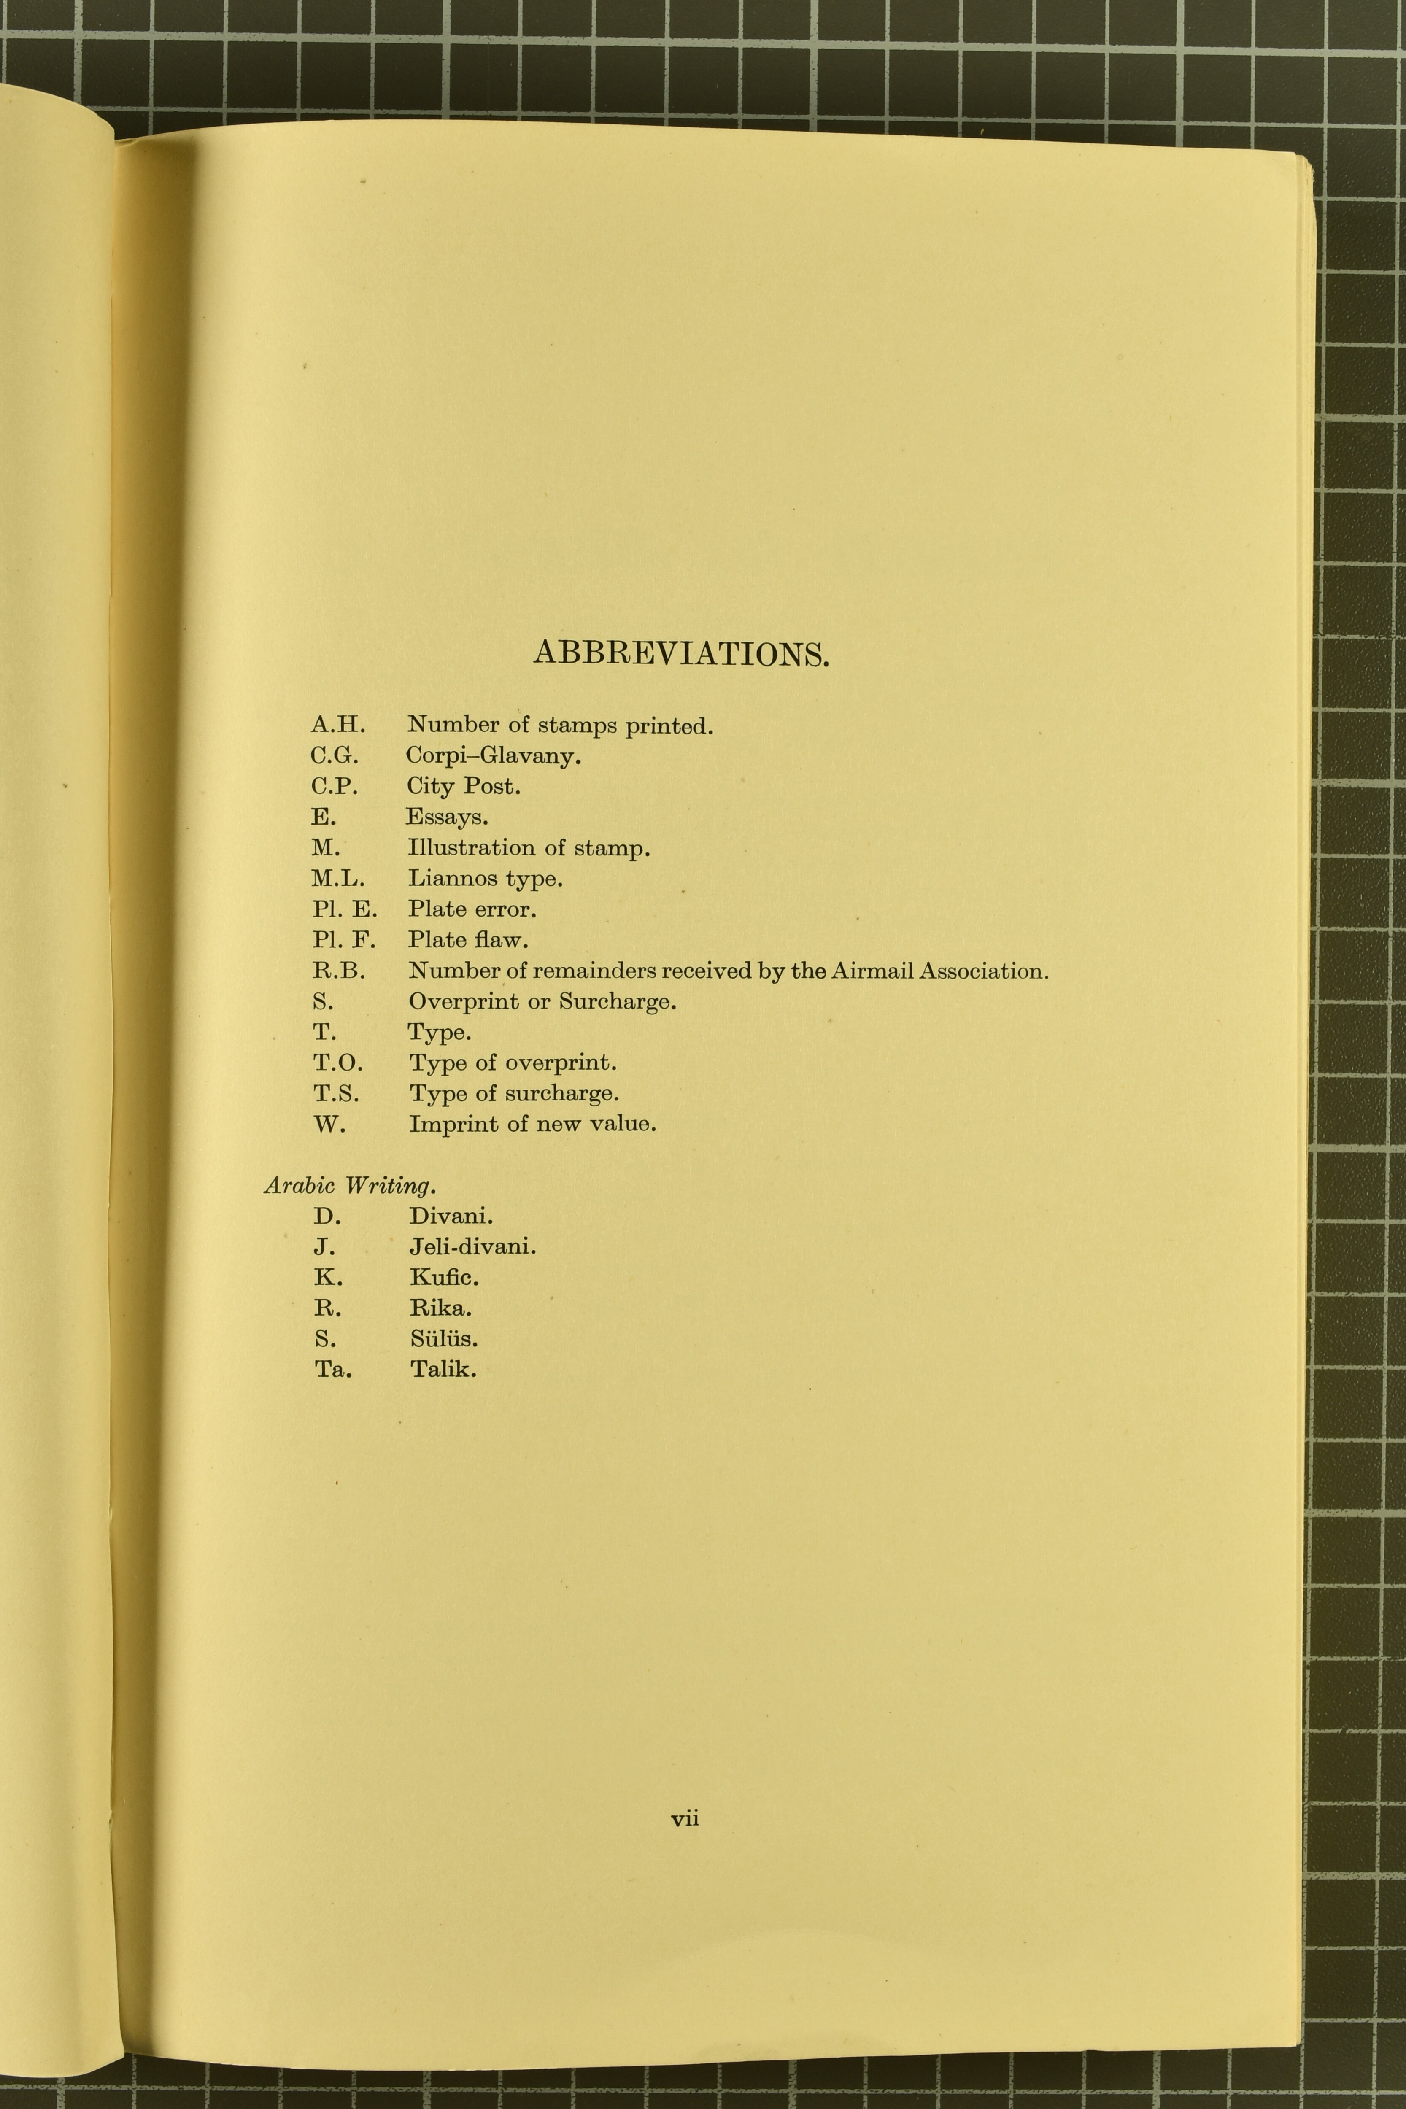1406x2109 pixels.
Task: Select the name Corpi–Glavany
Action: point(493,756)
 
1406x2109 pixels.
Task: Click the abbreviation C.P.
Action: point(335,786)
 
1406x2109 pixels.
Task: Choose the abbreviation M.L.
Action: point(338,879)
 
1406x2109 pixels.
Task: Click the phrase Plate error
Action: point(472,909)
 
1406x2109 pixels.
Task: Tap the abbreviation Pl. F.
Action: point(343,940)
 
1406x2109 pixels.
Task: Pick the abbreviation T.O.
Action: point(338,1063)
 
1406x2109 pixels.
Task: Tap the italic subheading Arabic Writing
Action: point(350,1186)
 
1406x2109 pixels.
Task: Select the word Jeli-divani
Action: point(472,1246)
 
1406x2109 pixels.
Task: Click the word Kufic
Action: point(444,1277)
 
